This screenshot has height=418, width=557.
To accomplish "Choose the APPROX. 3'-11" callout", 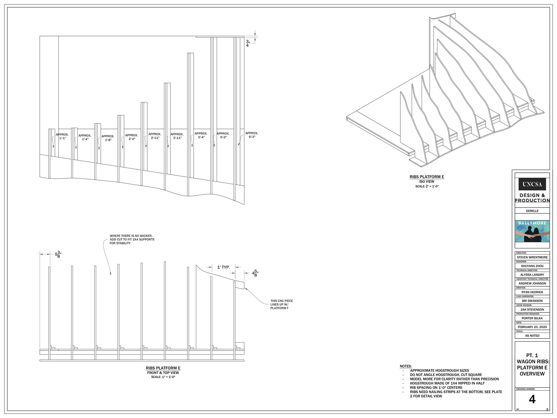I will pyautogui.click(x=177, y=136).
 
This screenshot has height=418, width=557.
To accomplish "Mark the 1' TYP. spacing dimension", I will pyautogui.click(x=223, y=267).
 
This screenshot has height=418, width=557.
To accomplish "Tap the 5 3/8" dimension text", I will pyautogui.click(x=58, y=254).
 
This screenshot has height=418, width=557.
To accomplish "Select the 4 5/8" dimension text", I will pyautogui.click(x=255, y=273).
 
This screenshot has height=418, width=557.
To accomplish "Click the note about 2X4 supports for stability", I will pyautogui.click(x=132, y=239).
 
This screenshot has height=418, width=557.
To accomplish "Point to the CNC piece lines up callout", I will pyautogui.click(x=282, y=304).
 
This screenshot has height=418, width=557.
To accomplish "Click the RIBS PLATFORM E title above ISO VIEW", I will pyautogui.click(x=427, y=177).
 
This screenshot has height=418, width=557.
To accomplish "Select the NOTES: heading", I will pyautogui.click(x=406, y=366).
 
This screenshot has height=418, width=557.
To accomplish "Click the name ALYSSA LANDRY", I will pyautogui.click(x=532, y=275).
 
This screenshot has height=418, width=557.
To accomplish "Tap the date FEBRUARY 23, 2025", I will pyautogui.click(x=532, y=327).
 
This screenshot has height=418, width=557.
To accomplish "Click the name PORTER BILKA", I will pyautogui.click(x=532, y=318).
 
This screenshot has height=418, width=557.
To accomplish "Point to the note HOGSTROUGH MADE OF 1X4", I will pyautogui.click(x=447, y=383).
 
